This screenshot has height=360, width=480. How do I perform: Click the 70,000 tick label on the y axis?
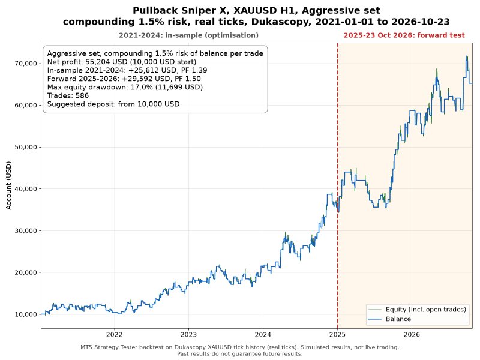coord(26,64)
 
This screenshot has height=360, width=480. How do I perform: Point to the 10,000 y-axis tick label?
coord(26,314)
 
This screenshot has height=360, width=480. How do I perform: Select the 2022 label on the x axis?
coord(114,334)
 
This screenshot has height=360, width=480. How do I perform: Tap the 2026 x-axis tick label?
coord(412,334)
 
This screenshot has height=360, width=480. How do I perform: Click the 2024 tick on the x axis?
coord(263,334)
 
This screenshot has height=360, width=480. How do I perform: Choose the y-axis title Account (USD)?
coord(8,185)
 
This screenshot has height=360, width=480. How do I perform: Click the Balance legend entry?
coord(398,319)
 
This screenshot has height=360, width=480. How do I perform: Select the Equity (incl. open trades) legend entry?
coord(426,310)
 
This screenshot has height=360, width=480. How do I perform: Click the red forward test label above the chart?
coord(404,35)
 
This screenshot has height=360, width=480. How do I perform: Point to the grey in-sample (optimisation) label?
coord(188,35)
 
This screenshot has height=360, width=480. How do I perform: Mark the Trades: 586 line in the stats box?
coord(68,95)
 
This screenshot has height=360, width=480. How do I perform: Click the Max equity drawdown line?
coord(125,87)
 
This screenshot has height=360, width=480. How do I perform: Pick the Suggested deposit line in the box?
coord(113,104)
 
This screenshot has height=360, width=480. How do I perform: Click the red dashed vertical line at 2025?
coord(338,185)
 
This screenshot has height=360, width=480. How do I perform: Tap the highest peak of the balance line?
coord(466,56)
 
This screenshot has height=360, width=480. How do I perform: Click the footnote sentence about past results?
coord(239,354)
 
